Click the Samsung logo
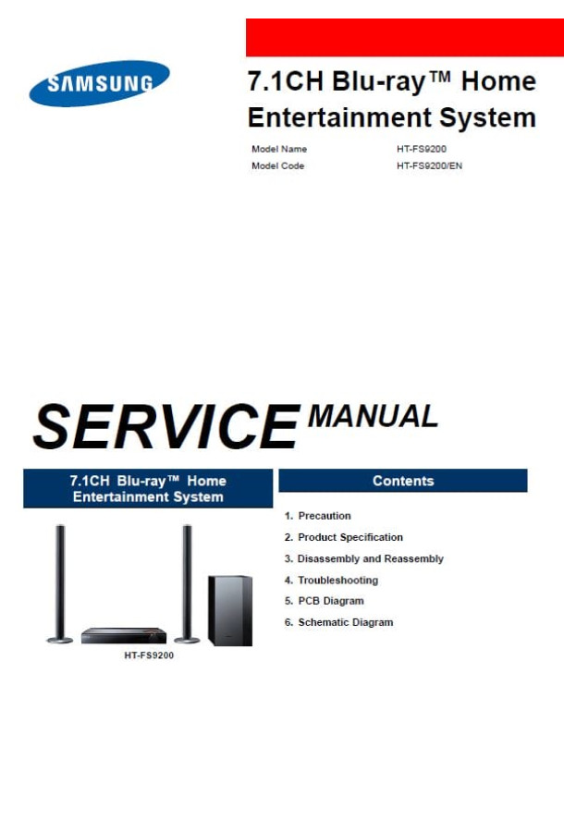[100, 84]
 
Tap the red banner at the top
[404, 37]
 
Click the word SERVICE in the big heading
[166, 425]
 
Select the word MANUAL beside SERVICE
[373, 416]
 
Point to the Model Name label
[279, 149]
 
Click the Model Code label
[277, 165]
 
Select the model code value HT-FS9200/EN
[429, 165]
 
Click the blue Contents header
[403, 481]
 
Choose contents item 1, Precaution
[317, 516]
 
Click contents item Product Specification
[344, 537]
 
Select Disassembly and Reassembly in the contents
[364, 558]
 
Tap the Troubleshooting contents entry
[331, 580]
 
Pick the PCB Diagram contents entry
[324, 601]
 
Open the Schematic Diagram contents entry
[338, 622]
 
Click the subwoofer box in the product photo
[230, 610]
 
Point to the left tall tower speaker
[60, 583]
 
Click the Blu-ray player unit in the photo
[124, 635]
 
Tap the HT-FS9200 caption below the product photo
[149, 655]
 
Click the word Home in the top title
[498, 81]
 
